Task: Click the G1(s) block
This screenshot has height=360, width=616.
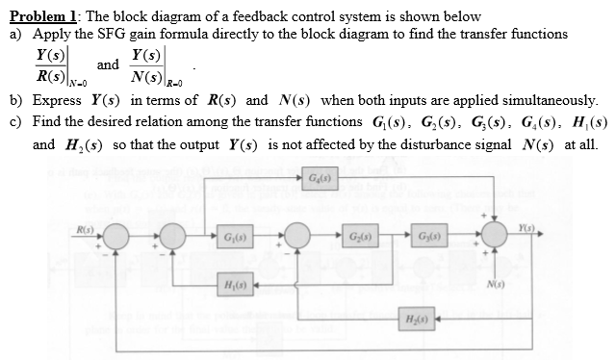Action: (229, 237)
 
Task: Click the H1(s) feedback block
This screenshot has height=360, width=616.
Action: (229, 286)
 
